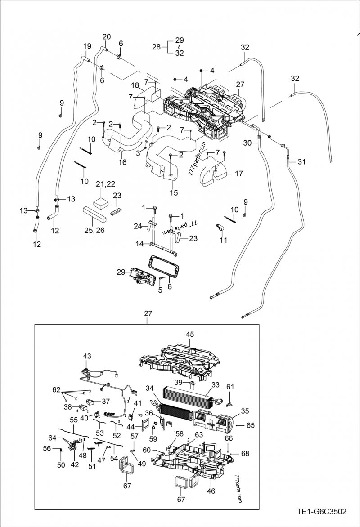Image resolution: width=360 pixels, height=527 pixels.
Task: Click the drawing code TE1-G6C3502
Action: coord(321,511)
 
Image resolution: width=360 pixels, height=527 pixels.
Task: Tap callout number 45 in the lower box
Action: coord(190,334)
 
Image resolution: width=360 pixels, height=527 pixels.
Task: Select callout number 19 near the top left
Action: coord(87,46)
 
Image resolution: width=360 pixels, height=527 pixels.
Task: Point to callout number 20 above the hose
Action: coord(107,36)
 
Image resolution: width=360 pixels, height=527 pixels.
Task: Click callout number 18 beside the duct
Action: coord(135,85)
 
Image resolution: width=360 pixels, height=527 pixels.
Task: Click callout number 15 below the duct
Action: coord(174,193)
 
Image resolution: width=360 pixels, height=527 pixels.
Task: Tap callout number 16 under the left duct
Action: coord(122,162)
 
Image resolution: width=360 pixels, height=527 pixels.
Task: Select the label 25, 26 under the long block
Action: coord(94,230)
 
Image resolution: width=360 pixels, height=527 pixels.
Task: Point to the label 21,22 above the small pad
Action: coord(106,183)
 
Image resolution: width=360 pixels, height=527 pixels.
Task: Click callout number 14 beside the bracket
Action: coord(140,244)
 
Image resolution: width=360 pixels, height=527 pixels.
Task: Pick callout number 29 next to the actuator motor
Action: coord(121,272)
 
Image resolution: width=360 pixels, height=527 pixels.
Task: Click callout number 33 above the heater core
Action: coord(215,385)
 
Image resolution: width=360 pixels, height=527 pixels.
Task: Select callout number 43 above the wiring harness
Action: coord(87,356)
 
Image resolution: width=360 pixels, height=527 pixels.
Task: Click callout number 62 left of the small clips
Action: coord(56,389)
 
